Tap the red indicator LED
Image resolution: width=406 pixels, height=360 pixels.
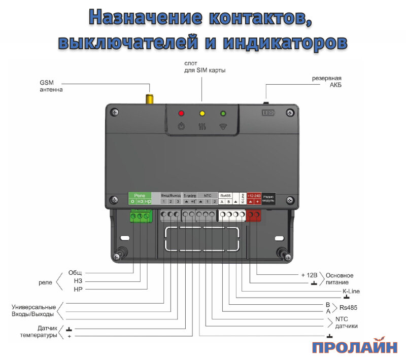point(182,114)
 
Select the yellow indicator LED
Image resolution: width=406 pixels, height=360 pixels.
point(202,114)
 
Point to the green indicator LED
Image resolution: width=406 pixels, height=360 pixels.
point(222,114)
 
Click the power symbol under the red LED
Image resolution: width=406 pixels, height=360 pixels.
point(182,126)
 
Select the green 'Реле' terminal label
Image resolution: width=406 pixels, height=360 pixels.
point(140,195)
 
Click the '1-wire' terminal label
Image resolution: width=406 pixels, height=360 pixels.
point(190,195)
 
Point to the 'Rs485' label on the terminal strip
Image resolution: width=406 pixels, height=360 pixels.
point(225,195)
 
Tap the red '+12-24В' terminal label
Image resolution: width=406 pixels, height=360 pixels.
point(254,195)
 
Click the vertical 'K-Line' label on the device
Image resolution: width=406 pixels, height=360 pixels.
point(242,198)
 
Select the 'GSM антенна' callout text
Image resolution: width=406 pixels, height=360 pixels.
point(51,86)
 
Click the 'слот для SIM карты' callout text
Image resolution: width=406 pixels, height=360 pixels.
point(205,66)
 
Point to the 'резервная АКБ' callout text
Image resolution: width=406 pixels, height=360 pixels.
point(326,82)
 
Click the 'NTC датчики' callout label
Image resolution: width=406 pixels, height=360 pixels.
point(346,323)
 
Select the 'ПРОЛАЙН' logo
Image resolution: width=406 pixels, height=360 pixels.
point(355,348)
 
